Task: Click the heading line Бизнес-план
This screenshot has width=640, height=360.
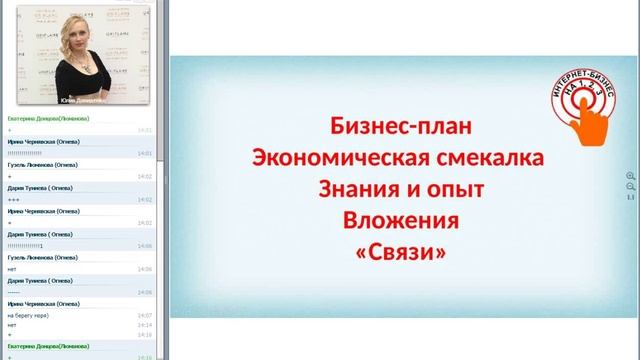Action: pyautogui.click(x=398, y=128)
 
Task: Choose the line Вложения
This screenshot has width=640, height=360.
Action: pyautogui.click(x=398, y=220)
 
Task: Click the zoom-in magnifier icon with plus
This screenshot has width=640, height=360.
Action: pyautogui.click(x=630, y=176)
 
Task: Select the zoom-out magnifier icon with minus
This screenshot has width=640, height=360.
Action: pyautogui.click(x=630, y=187)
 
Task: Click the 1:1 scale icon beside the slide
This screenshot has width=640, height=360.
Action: pyautogui.click(x=630, y=198)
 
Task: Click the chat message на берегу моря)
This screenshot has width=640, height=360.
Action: pyautogui.click(x=27, y=315)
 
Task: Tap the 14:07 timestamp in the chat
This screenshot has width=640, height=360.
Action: pyautogui.click(x=145, y=315)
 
